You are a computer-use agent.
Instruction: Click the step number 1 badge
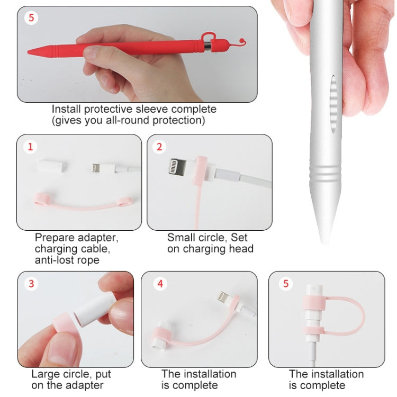[30, 147]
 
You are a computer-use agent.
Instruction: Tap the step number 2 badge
[159, 147]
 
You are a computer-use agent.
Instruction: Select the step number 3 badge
[31, 284]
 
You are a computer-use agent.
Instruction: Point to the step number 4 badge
[160, 284]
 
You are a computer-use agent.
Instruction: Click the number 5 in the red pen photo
[31, 17]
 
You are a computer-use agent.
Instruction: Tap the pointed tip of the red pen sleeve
[29, 52]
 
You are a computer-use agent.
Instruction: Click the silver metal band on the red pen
[207, 46]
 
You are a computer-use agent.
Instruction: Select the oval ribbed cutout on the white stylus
[333, 104]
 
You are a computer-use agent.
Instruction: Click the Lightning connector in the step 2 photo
[178, 166]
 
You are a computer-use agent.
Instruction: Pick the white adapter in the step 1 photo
[53, 166]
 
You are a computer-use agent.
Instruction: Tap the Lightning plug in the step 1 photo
[95, 167]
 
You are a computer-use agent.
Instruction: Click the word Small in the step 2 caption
[181, 238]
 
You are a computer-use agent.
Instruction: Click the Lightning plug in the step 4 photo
[223, 296]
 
